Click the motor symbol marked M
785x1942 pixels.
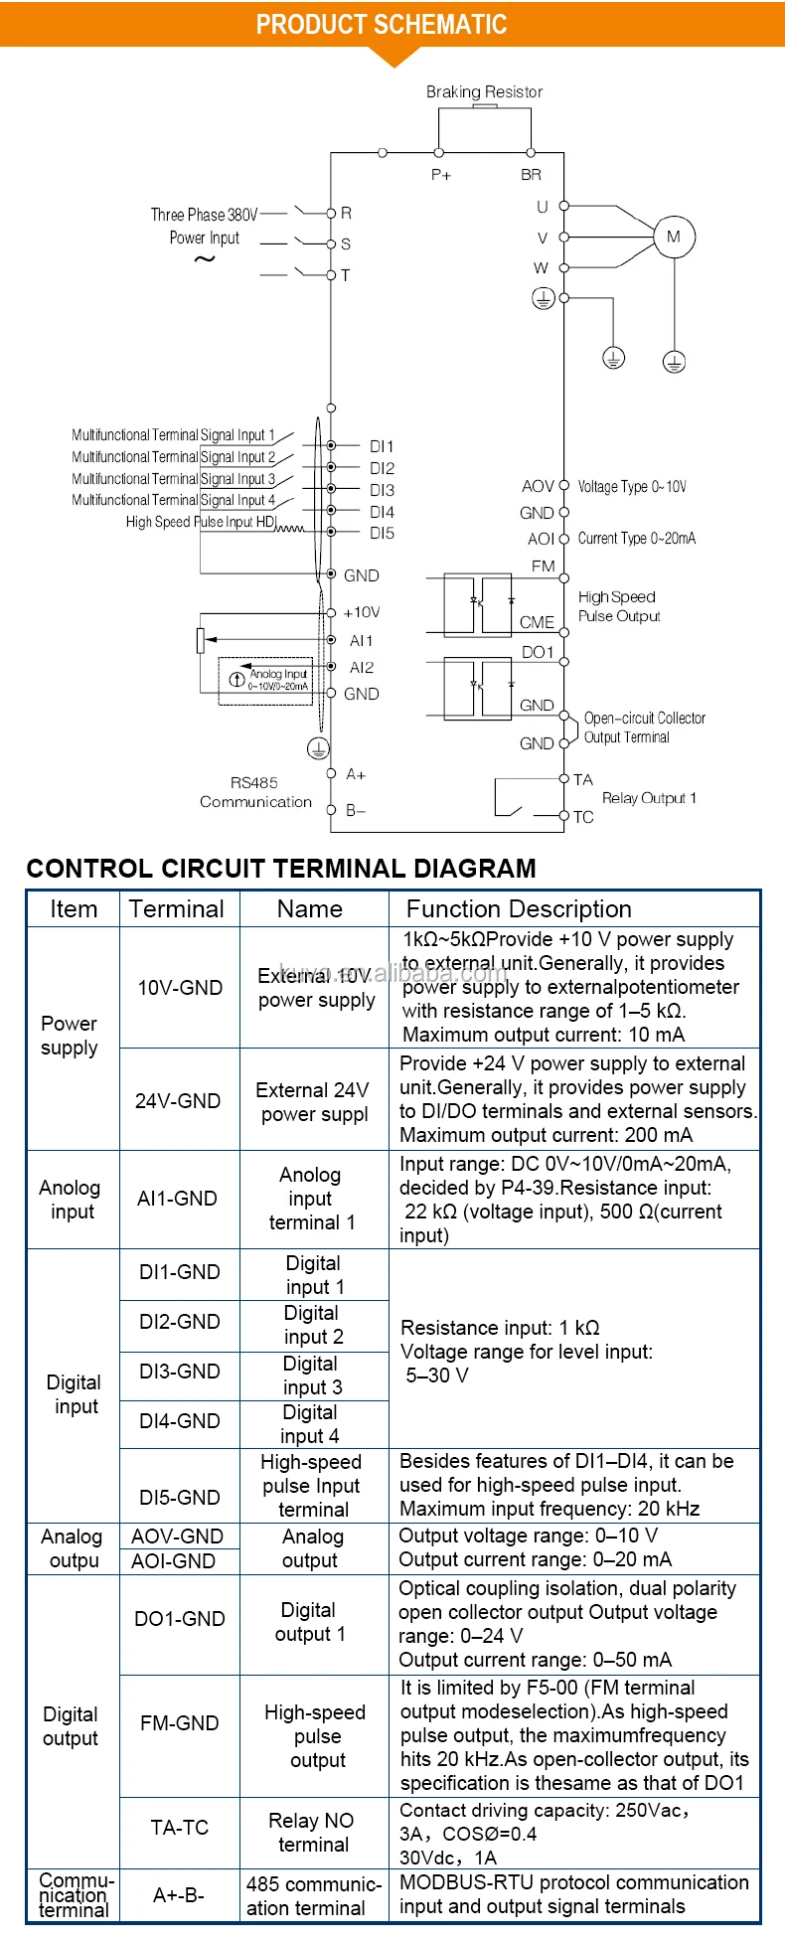click(x=674, y=237)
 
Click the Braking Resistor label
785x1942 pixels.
click(x=484, y=91)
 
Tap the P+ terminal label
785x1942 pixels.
click(x=440, y=175)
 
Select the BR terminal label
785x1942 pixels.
click(x=532, y=175)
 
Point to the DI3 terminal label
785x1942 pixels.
click(x=382, y=490)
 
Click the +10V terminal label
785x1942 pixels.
click(x=362, y=612)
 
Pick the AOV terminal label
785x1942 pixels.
click(x=538, y=486)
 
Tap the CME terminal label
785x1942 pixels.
click(x=537, y=622)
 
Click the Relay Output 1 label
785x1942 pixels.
click(x=649, y=798)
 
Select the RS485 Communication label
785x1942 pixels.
click(x=255, y=792)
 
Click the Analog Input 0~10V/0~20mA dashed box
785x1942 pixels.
click(x=265, y=681)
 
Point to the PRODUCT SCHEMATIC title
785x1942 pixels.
click(x=382, y=25)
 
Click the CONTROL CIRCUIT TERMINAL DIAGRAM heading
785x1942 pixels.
click(x=281, y=869)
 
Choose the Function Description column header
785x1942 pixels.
click(x=519, y=909)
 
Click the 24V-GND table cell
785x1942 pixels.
click(x=178, y=1101)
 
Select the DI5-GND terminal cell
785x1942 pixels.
click(x=180, y=1498)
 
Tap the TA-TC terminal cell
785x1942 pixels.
click(x=180, y=1828)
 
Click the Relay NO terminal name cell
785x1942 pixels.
click(x=312, y=1832)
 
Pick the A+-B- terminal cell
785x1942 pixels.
click(x=179, y=1895)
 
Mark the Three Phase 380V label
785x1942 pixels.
click(x=204, y=215)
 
